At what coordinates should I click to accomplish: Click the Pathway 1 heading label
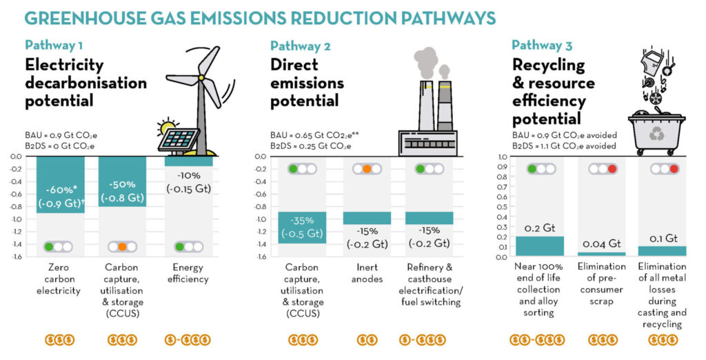click(54, 46)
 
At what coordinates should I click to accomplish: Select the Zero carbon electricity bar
click(61, 184)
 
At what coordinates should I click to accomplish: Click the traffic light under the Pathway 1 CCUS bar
click(122, 246)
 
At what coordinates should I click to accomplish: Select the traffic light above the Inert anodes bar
click(367, 169)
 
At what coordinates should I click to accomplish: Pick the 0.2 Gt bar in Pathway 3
click(540, 246)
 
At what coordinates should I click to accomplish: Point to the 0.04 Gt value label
click(602, 243)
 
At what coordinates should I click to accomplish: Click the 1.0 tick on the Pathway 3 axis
click(502, 157)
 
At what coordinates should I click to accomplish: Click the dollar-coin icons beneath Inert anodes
click(367, 339)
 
